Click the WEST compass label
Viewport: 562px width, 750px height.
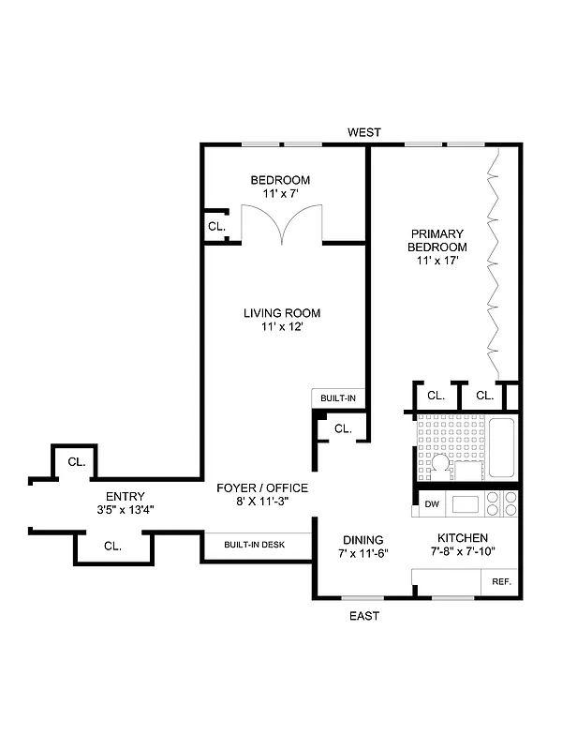(x=363, y=132)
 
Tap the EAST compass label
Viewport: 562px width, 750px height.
(x=364, y=616)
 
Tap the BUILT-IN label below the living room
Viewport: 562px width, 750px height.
(x=338, y=398)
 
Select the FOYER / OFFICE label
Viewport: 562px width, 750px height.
(x=261, y=488)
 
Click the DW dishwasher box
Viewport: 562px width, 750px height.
(x=432, y=504)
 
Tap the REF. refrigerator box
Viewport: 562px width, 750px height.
(x=501, y=582)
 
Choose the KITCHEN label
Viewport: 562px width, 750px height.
(x=462, y=538)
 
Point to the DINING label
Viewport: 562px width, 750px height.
(x=362, y=540)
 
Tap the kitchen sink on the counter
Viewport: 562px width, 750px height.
(x=466, y=504)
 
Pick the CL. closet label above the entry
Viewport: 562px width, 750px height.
(x=77, y=462)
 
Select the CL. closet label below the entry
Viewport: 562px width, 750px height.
(x=111, y=545)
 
